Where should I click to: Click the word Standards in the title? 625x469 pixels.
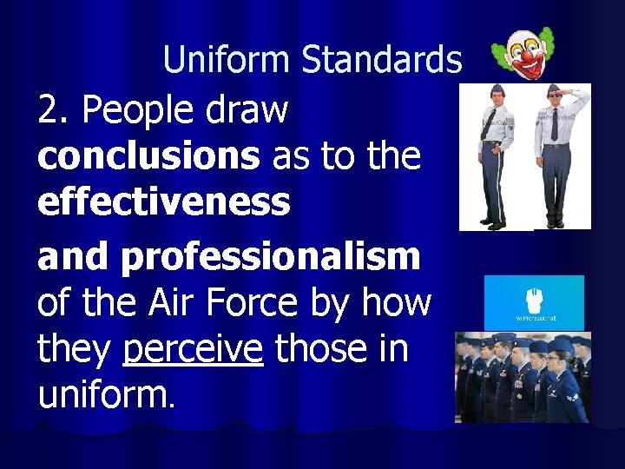pos(381,60)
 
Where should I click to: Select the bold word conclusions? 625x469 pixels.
pos(148,156)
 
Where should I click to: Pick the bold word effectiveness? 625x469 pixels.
pos(163,201)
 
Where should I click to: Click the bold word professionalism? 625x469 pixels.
pos(271,257)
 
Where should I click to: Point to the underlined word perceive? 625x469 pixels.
pos(194,348)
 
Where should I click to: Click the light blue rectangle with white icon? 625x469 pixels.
pos(534,303)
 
